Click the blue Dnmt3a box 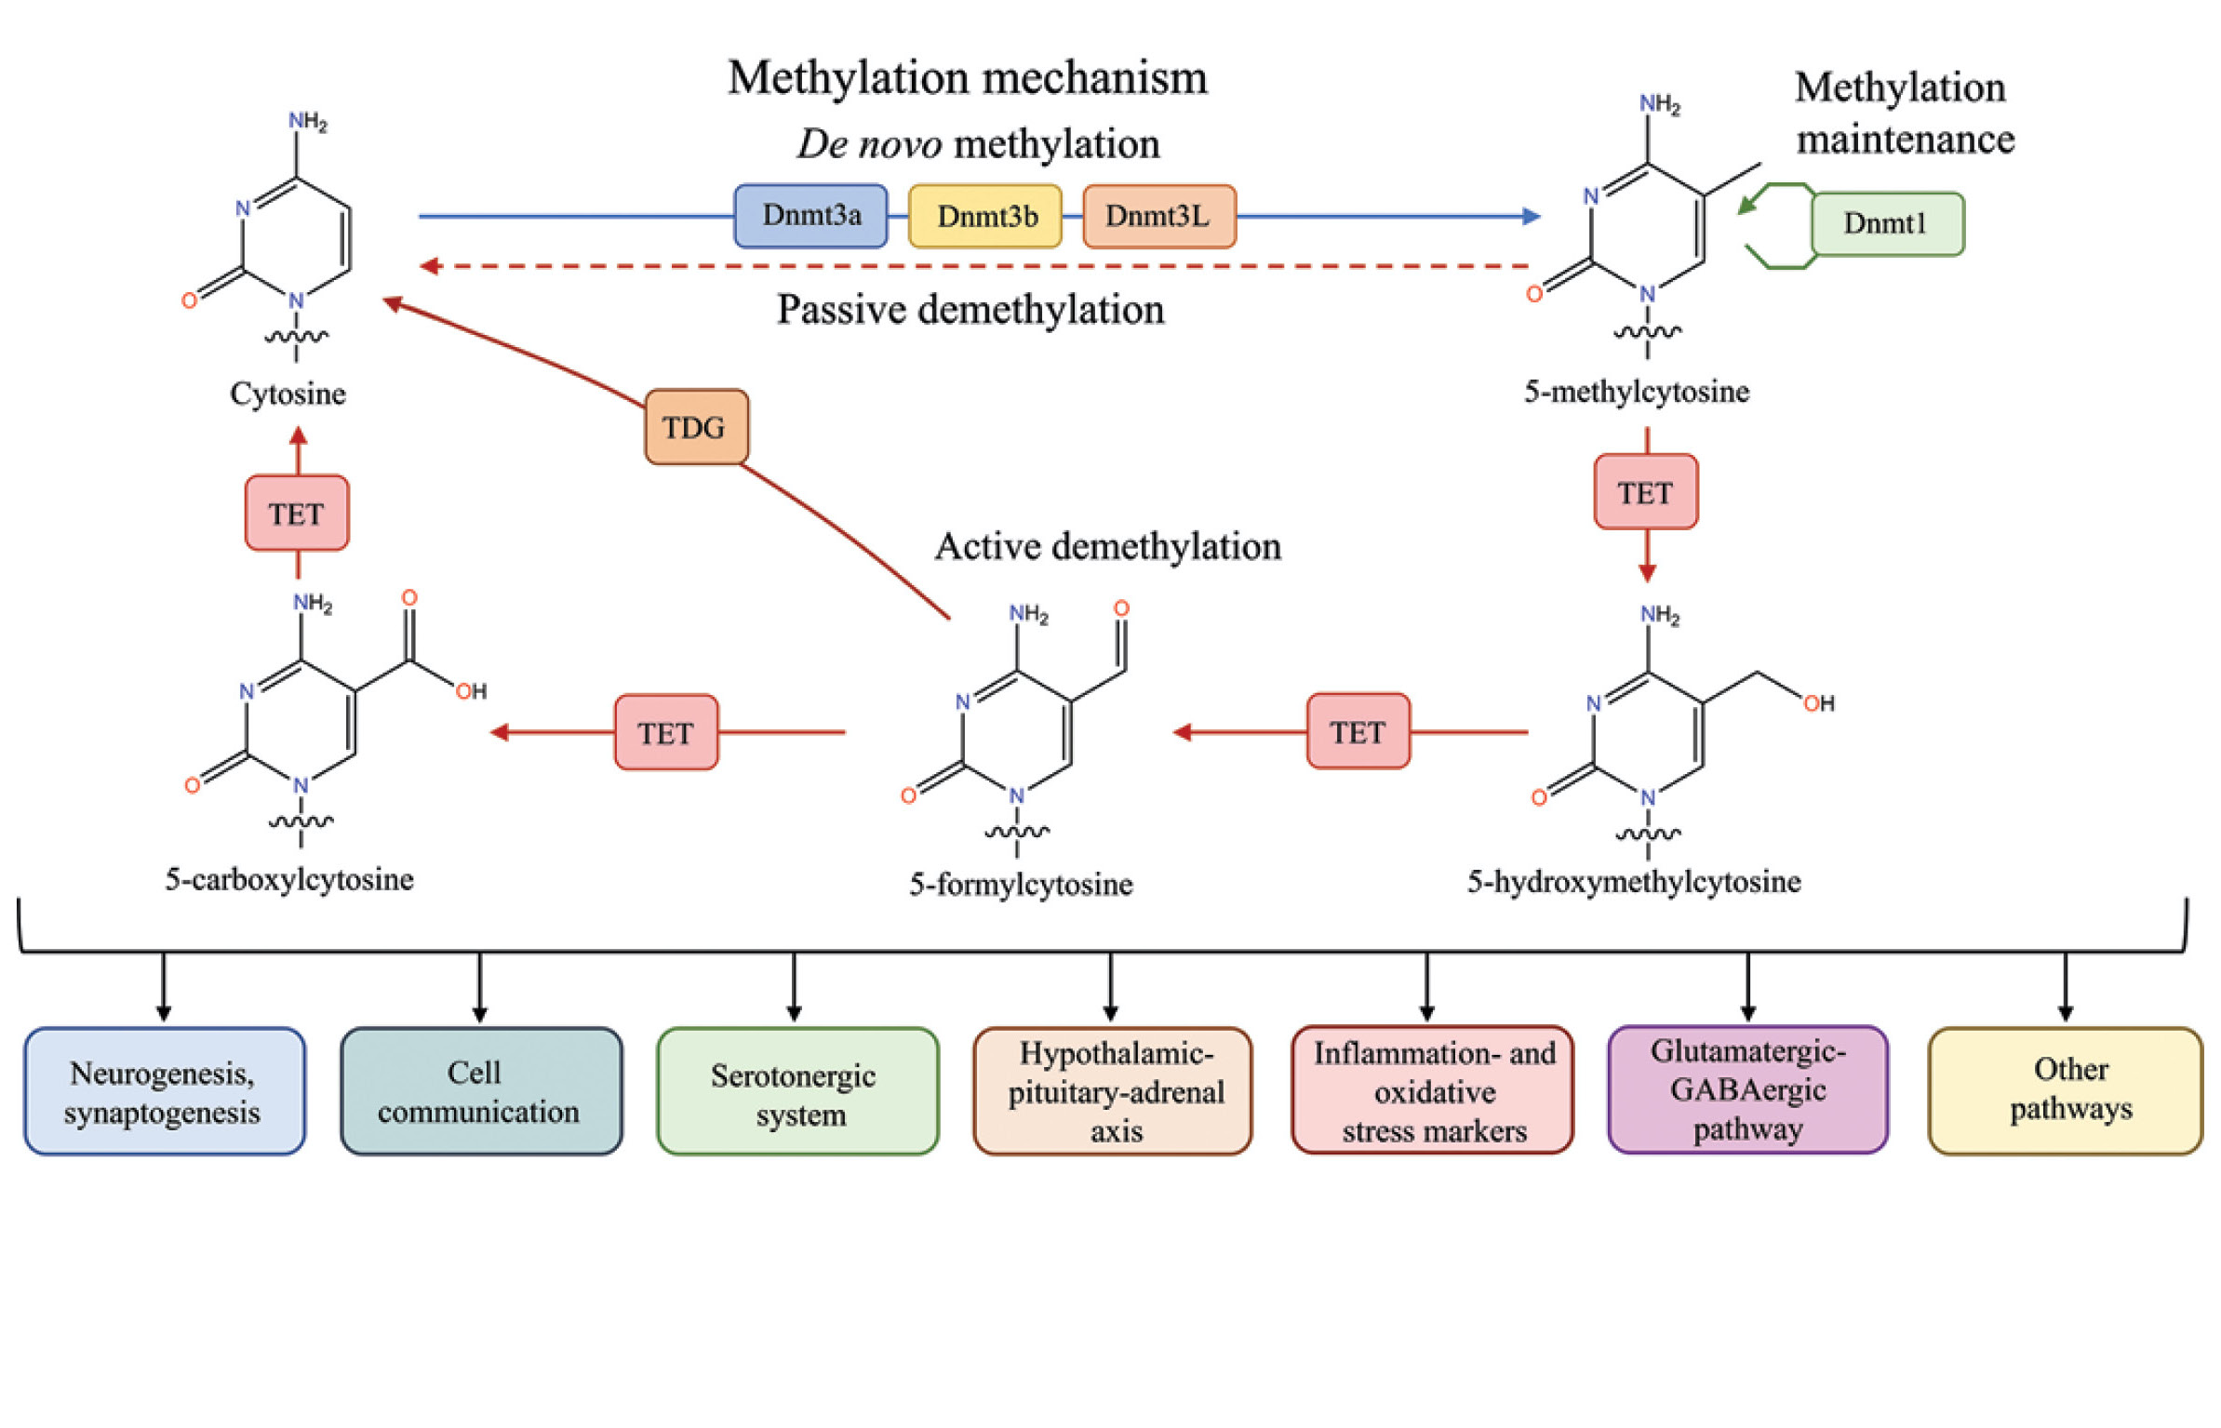(x=809, y=216)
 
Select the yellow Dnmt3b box (x=984, y=216)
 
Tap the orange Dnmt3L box (x=1158, y=216)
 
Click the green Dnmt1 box (x=1886, y=223)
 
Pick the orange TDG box (x=696, y=427)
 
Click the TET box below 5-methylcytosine (x=1645, y=492)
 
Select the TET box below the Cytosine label (x=297, y=514)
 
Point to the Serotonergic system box (x=796, y=1091)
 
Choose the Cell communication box (x=481, y=1091)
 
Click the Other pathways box (x=2065, y=1091)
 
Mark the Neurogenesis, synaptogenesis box (x=164, y=1091)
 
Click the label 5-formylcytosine (x=1021, y=884)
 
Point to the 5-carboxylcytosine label (x=289, y=879)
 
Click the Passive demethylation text (x=970, y=310)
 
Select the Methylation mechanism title (x=967, y=77)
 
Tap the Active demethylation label (x=1107, y=546)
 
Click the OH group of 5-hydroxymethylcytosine (x=1819, y=703)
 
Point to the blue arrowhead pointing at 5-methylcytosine (x=1531, y=216)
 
